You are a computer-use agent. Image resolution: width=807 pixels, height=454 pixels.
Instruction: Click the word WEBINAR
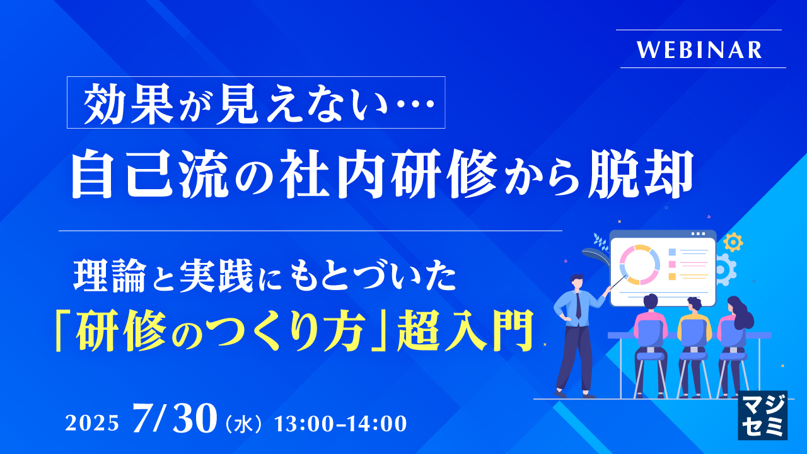pyautogui.click(x=699, y=50)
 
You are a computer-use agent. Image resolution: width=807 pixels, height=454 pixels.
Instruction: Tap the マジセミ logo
pyautogui.click(x=762, y=415)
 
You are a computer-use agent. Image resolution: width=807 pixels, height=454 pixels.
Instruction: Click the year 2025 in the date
pyautogui.click(x=92, y=423)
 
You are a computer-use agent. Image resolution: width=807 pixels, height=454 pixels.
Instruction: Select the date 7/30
pyautogui.click(x=175, y=418)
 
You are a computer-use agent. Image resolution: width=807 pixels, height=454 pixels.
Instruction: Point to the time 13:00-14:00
pyautogui.click(x=341, y=423)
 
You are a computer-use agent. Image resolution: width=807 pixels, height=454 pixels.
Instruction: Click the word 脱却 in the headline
pyautogui.click(x=640, y=175)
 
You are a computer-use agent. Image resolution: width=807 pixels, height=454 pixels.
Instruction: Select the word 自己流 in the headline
pyautogui.click(x=150, y=175)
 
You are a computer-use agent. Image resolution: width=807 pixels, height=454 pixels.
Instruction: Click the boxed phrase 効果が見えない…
pyautogui.click(x=256, y=102)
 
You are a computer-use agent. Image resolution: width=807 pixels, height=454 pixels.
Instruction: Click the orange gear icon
pyautogui.click(x=733, y=242)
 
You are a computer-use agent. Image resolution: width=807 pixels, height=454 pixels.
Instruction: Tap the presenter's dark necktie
pyautogui.click(x=578, y=306)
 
